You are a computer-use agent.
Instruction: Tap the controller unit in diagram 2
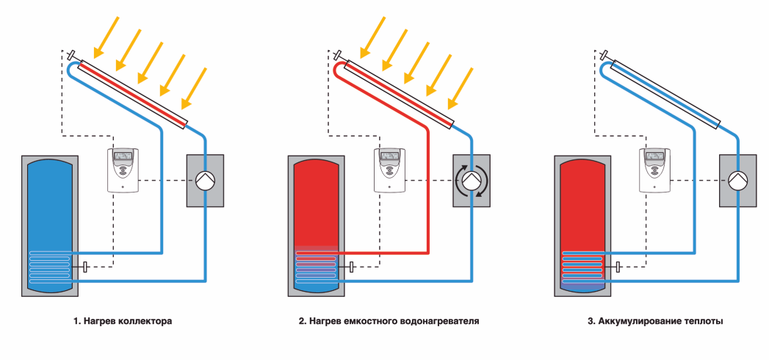tap(389, 170)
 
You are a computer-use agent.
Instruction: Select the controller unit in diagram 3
tap(655, 170)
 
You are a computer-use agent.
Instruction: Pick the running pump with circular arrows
tap(471, 180)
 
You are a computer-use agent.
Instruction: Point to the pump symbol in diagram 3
tap(737, 180)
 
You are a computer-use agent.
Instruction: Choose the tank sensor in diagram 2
tap(352, 267)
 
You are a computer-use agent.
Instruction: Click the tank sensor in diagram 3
tap(618, 267)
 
